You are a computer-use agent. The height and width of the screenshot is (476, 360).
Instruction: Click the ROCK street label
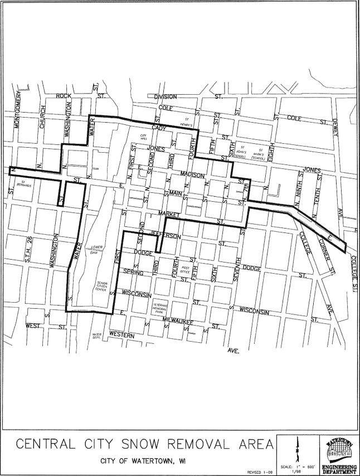[x=64, y=96]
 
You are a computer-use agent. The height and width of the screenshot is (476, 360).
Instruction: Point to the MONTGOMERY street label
[x=16, y=111]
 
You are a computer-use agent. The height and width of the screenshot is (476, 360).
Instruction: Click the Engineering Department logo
[x=339, y=451]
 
